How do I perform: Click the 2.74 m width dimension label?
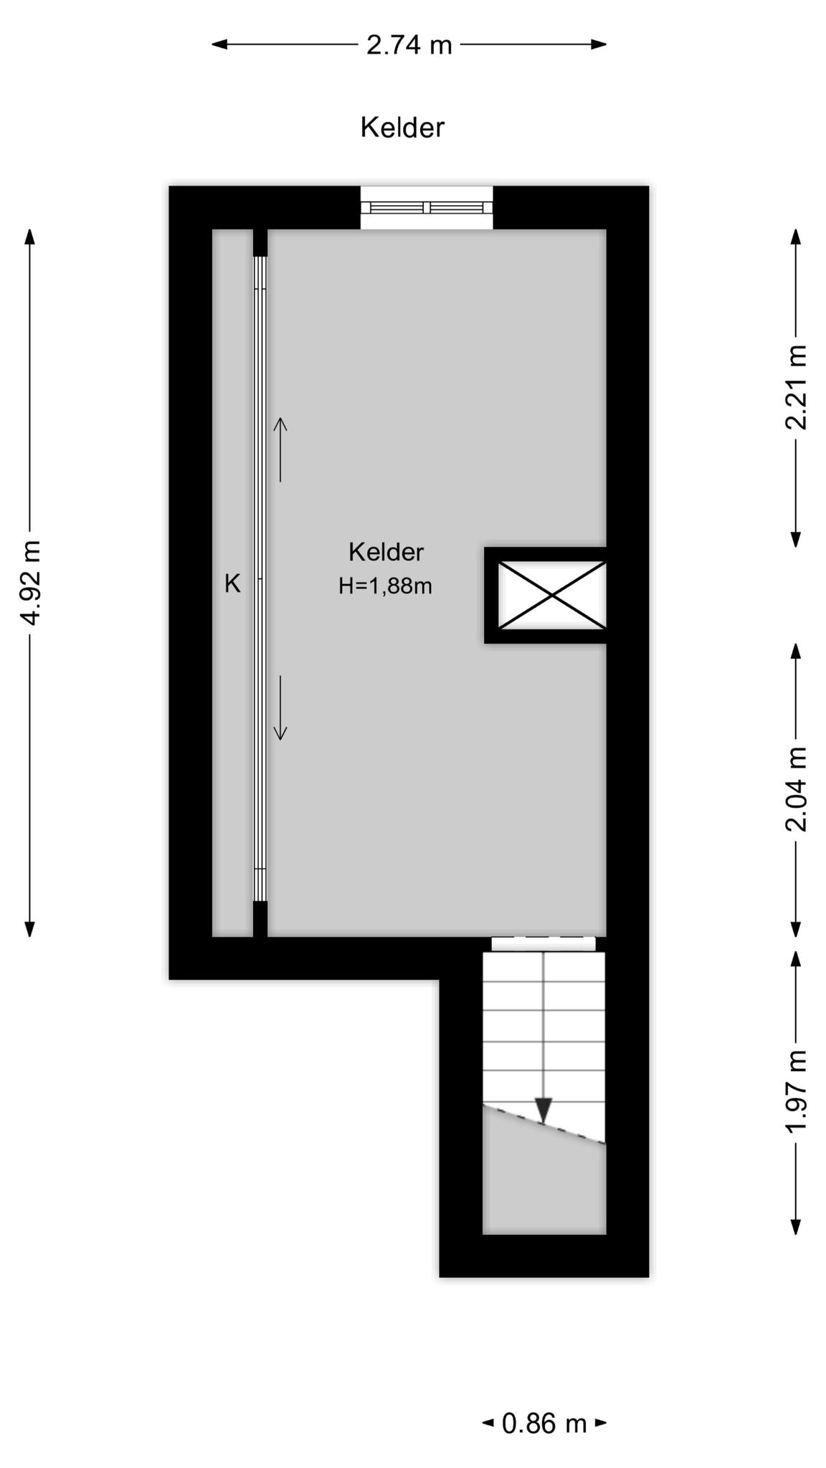click(409, 45)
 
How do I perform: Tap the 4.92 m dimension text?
click(31, 581)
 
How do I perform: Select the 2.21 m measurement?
click(796, 387)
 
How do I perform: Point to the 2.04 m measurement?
click(796, 788)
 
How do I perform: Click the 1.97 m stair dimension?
click(796, 1092)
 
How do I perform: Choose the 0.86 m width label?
click(544, 1424)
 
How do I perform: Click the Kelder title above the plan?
click(402, 128)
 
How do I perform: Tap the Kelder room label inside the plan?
click(386, 552)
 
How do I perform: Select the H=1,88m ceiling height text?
click(385, 586)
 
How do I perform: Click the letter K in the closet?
click(232, 584)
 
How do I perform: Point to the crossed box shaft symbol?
click(551, 595)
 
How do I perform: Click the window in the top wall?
click(427, 208)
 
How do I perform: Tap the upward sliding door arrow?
click(280, 449)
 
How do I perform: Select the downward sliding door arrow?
click(280, 707)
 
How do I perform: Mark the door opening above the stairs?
click(543, 944)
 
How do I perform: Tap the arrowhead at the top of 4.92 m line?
click(30, 237)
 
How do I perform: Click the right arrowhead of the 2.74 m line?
click(599, 44)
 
